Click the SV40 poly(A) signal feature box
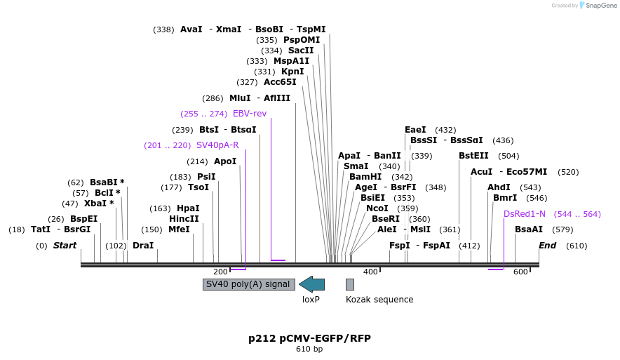(x=248, y=284)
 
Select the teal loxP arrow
(x=311, y=284)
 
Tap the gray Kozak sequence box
(x=350, y=284)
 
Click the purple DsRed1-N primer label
(x=524, y=214)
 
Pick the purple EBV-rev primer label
(x=250, y=114)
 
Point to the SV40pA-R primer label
(x=217, y=145)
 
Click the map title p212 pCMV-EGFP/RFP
(x=309, y=338)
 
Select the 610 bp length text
(x=309, y=349)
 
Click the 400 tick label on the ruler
(x=370, y=272)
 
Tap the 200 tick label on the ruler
(x=220, y=272)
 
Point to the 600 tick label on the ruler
(x=520, y=272)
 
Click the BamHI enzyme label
(x=365, y=177)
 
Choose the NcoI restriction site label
(x=377, y=208)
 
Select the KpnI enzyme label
(x=293, y=72)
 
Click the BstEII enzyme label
(x=473, y=156)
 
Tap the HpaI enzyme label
(x=188, y=208)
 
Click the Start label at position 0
(x=65, y=246)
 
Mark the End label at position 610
(x=547, y=246)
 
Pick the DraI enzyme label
(x=143, y=246)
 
